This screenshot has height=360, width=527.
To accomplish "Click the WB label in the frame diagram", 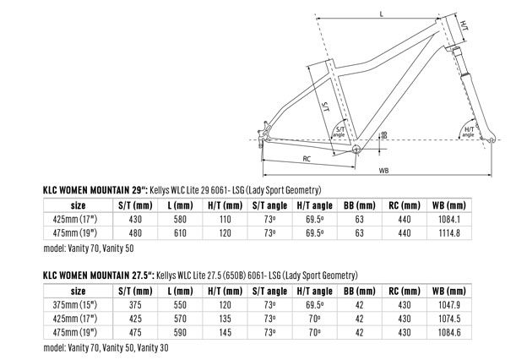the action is click(x=383, y=171).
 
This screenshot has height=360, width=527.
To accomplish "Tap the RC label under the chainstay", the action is click(x=307, y=159).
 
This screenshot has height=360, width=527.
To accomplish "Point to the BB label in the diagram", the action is click(x=385, y=134).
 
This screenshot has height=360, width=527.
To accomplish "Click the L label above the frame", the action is click(x=381, y=14).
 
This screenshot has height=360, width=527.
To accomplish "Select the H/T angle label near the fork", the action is click(x=469, y=132).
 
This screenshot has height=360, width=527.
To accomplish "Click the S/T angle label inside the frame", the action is click(x=340, y=132).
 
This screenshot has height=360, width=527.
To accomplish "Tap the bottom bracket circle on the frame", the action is click(x=356, y=149).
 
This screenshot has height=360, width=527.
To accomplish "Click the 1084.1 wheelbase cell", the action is click(x=449, y=220).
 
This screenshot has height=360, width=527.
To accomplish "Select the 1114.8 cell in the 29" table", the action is click(x=449, y=233).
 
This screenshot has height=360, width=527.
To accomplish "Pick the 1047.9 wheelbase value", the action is click(x=449, y=305).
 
